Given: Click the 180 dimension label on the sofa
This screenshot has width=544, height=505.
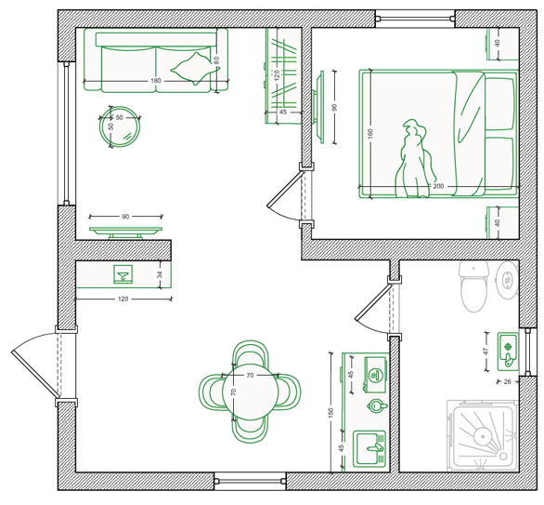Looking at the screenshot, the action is pos(156,81).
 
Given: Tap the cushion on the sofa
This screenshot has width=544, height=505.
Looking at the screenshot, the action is pos(195,69).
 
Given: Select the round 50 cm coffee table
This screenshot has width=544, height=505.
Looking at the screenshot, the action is pos(120,126).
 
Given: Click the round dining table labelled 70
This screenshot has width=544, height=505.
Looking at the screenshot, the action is pos(250,392).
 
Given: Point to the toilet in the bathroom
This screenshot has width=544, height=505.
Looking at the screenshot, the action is pos(474,286).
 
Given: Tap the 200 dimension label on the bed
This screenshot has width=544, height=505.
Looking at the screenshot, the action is pos(438,186).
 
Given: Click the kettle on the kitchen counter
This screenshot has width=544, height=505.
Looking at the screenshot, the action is pos(376,405).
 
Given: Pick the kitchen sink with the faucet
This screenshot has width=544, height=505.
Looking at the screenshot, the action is pos(369,448).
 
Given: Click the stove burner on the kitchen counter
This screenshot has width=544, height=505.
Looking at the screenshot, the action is pos(375,375).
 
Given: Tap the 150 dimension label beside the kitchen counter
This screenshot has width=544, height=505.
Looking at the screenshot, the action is pos(330,413).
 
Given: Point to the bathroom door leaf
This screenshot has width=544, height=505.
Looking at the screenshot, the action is pos(373,301).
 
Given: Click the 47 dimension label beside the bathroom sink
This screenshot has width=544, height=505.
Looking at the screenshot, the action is pos(486,352).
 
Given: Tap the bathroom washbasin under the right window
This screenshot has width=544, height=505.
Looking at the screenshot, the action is pos(509,352).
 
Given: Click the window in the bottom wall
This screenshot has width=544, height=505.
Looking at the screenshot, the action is pos(250,482).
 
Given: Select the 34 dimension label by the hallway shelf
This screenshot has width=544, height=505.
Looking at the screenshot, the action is pos(160,274).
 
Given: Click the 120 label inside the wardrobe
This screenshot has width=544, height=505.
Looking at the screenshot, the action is pos(277,75).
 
